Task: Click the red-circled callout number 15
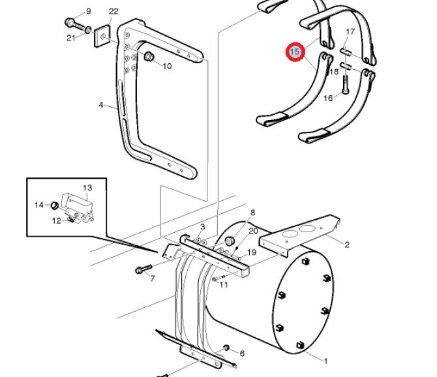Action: [x=295, y=52]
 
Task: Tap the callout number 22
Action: [x=113, y=12]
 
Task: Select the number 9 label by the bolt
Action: [x=89, y=12]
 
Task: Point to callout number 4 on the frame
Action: [x=101, y=105]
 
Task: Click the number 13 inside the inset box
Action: [x=87, y=188]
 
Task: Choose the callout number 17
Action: [x=350, y=31]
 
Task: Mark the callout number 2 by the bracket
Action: [x=347, y=245]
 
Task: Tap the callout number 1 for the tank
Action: [x=325, y=361]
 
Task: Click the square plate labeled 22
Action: [x=102, y=37]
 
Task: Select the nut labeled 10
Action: [x=149, y=57]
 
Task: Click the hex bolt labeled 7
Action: [x=143, y=269]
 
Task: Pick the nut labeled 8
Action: [x=229, y=241]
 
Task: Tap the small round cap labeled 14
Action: [x=54, y=206]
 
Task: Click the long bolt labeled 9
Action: [x=75, y=25]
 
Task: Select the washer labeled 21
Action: [x=88, y=29]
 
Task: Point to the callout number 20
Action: [x=253, y=231]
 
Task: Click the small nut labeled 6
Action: [x=226, y=348]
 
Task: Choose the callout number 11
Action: [x=224, y=285]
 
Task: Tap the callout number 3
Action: [x=202, y=226]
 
